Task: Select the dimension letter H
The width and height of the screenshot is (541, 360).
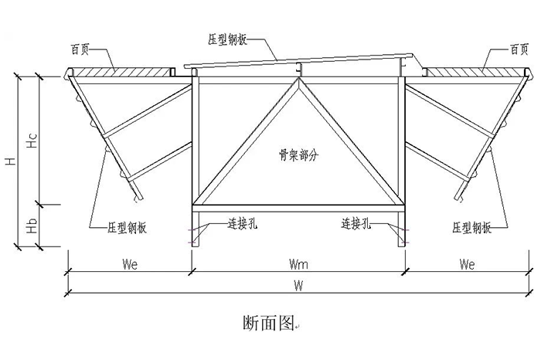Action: coord(10,161)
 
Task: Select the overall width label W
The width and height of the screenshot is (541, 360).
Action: coord(298,285)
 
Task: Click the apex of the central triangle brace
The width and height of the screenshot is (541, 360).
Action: coord(298,80)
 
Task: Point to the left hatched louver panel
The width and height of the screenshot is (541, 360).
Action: coord(120,72)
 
